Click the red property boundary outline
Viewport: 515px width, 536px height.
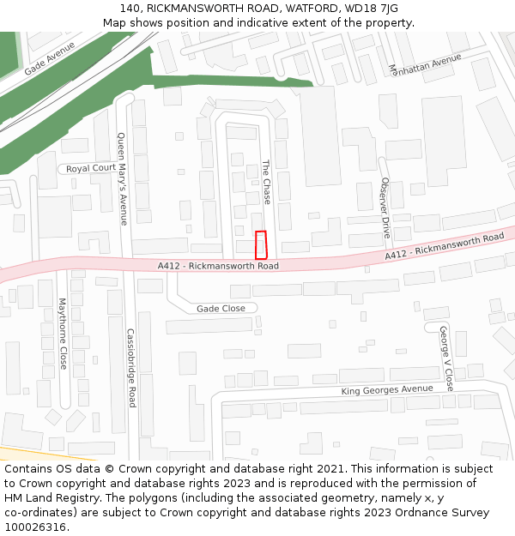tap(261, 245)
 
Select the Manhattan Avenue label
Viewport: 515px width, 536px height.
tap(425, 61)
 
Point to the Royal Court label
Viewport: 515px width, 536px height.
tap(91, 168)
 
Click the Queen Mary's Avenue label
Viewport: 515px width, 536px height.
tap(122, 178)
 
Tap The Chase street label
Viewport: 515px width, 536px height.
tap(266, 182)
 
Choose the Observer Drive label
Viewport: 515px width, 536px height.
tap(385, 208)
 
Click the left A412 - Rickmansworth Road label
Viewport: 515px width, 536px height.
tap(218, 267)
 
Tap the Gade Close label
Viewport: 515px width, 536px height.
tap(221, 309)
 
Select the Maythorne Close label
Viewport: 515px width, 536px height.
tap(62, 334)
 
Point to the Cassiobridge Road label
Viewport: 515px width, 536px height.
tap(131, 368)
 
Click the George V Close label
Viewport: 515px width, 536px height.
tap(445, 358)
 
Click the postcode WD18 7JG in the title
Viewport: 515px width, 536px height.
tap(371, 9)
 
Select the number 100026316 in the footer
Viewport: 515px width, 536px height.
tap(35, 527)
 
